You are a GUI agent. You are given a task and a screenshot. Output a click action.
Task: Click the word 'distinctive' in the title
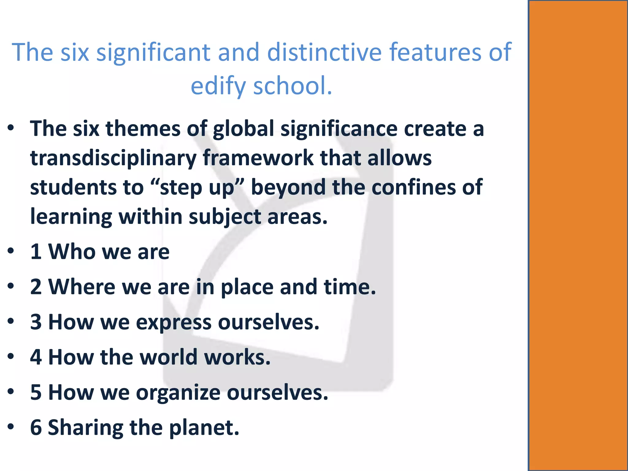[325, 52]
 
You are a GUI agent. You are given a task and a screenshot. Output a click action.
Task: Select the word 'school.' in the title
[293, 86]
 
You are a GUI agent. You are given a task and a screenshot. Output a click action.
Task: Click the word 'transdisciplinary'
[113, 158]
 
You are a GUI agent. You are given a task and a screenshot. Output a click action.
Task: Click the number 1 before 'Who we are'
[36, 252]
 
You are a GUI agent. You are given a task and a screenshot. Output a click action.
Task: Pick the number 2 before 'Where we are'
[36, 287]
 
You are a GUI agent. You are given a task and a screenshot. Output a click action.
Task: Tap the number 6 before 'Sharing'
[36, 427]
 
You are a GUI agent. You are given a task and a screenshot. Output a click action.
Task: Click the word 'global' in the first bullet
[243, 129]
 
